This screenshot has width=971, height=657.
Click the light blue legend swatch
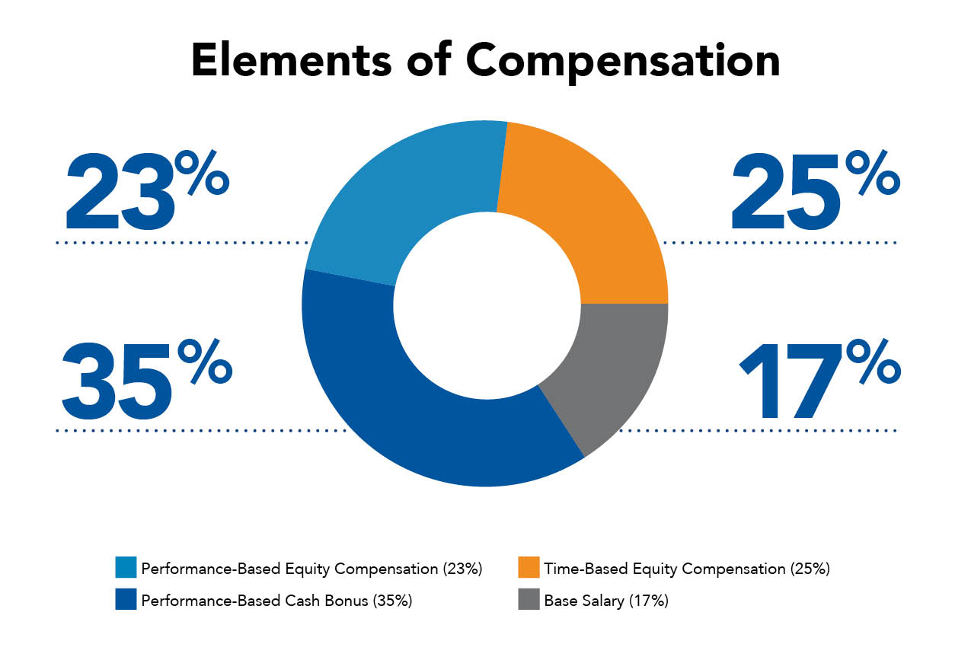(125, 568)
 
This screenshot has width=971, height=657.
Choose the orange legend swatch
(529, 568)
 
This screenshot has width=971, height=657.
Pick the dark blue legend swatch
(125, 600)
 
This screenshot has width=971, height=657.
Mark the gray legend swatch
(529, 600)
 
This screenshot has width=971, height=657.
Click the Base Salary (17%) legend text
(606, 601)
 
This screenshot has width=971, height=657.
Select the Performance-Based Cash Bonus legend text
(276, 601)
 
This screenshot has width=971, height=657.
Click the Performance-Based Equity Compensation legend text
(311, 569)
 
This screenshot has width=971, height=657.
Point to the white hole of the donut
(485, 303)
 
